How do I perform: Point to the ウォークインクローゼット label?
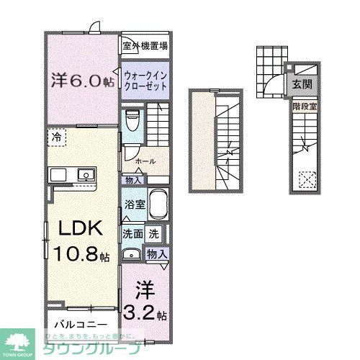point(145,79)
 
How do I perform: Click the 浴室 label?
point(135,204)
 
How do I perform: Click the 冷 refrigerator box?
point(55,136)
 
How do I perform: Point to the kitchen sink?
point(86,174)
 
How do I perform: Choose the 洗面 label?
point(132,233)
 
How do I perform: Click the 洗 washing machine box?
point(153,233)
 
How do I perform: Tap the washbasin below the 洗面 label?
point(131,253)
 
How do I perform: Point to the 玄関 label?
point(302,85)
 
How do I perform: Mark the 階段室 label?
point(302,104)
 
